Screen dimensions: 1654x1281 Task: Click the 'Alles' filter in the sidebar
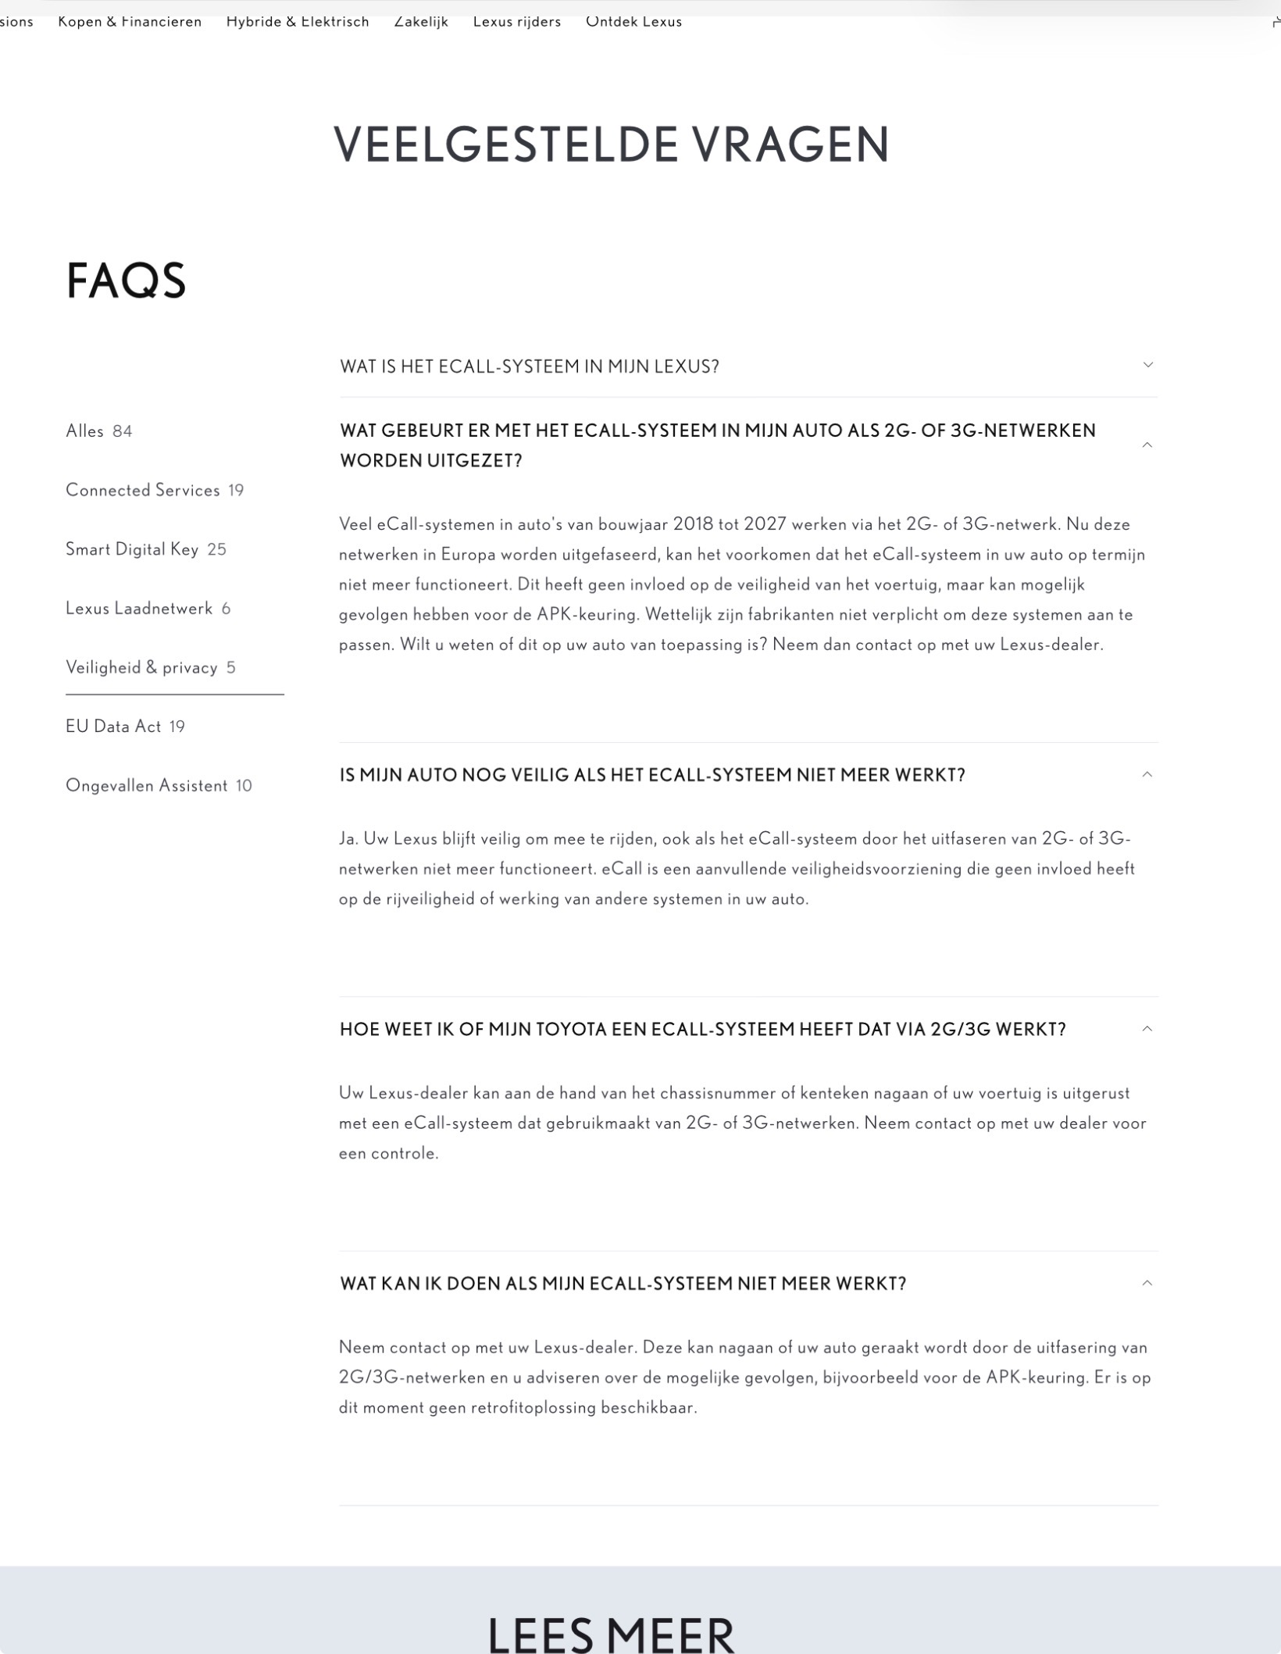tap(84, 431)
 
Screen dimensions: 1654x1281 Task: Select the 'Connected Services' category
tap(143, 491)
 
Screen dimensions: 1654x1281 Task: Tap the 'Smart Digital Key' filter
tap(132, 549)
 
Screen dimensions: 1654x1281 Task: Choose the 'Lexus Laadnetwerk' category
tap(139, 609)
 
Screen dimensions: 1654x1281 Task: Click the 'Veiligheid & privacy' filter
tap(141, 667)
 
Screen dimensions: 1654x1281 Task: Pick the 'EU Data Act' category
tap(113, 727)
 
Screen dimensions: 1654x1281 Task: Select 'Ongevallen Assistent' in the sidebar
tap(147, 785)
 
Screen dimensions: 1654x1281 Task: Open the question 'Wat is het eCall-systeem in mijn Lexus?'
tap(529, 366)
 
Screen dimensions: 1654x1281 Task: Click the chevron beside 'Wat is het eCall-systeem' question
tap(1147, 365)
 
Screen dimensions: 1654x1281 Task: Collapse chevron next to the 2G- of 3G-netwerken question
tap(1147, 445)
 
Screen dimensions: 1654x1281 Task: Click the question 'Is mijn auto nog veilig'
tap(652, 775)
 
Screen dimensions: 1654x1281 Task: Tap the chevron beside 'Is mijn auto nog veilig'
tap(1147, 775)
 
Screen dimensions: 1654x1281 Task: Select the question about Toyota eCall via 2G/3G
tap(702, 1029)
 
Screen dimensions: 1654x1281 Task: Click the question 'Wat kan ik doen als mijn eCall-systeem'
tap(623, 1284)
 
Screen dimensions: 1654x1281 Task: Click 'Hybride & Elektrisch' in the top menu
tap(298, 22)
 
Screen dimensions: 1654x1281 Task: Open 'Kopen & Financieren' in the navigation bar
tap(130, 22)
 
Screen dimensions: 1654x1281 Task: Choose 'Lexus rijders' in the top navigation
tap(517, 22)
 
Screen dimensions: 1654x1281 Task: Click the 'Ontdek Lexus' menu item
tap(633, 22)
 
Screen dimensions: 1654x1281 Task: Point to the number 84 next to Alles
tap(123, 431)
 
